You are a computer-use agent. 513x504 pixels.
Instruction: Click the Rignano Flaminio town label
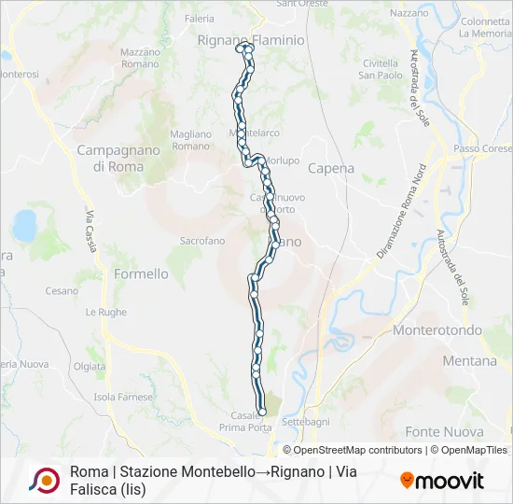coord(251,40)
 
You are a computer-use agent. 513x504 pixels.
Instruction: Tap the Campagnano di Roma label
coord(110,158)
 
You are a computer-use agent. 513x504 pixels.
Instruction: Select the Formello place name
coord(141,273)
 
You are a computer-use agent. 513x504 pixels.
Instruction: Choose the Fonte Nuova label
coord(445,432)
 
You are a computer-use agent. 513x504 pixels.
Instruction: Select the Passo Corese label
coord(483,149)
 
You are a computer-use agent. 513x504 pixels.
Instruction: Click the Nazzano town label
coord(409,13)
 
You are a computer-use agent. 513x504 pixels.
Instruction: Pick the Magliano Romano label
coord(191,140)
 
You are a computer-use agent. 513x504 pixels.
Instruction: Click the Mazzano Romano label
coord(141,58)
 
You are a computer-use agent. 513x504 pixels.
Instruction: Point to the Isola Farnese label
coord(123,398)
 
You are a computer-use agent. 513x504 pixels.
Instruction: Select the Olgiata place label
coord(90,367)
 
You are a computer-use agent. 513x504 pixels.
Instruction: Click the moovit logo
coord(442,481)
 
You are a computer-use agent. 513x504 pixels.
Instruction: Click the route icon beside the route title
coord(44,480)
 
